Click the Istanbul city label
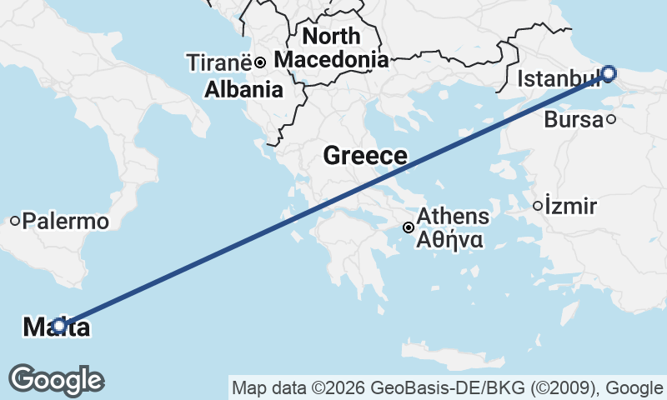coord(557,79)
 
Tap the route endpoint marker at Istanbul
coord(608,73)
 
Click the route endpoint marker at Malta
coord(59,326)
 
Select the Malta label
coord(57,327)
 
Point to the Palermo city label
coord(66,222)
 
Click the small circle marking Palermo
coord(15,221)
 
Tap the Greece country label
coord(365,156)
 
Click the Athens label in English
coord(453,217)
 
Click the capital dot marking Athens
coord(409,227)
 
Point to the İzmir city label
coord(571,206)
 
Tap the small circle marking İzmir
coord(538,205)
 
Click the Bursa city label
coord(573,120)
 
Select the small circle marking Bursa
coord(611,119)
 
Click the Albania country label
coord(243,90)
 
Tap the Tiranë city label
coord(219,62)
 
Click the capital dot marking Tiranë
coord(260,62)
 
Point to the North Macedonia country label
coord(331,47)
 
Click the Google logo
coord(57,379)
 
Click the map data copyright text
coord(449,387)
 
